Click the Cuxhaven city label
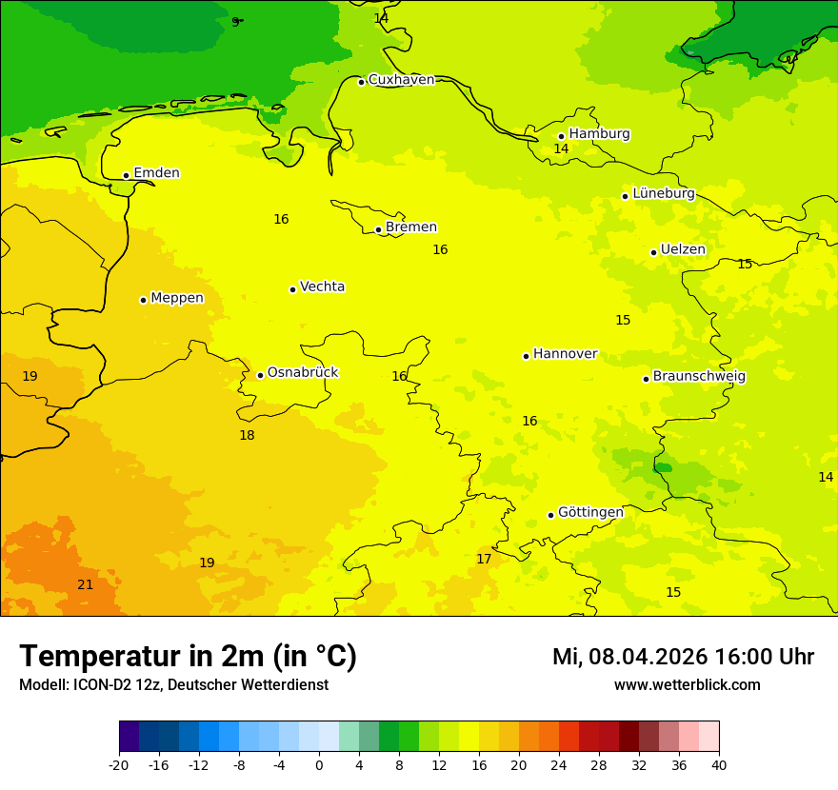pos(401,80)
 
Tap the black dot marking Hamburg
pos(562,136)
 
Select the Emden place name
pos(156,173)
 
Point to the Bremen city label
pos(411,227)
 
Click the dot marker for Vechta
pos(292,289)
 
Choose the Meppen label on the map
pos(177,298)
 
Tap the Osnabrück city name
pos(303,373)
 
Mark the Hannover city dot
pos(526,356)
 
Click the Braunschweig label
pos(699,377)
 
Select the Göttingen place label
pos(590,513)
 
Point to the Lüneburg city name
pos(664,193)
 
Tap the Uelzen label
pos(683,250)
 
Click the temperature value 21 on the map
pos(86,585)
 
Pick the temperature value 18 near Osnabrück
pos(247,436)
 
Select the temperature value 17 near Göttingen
pos(484,560)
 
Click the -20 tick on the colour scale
pos(119,765)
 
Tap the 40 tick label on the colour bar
pos(719,765)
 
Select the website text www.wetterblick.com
pos(687,685)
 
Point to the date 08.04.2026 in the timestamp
pos(648,658)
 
